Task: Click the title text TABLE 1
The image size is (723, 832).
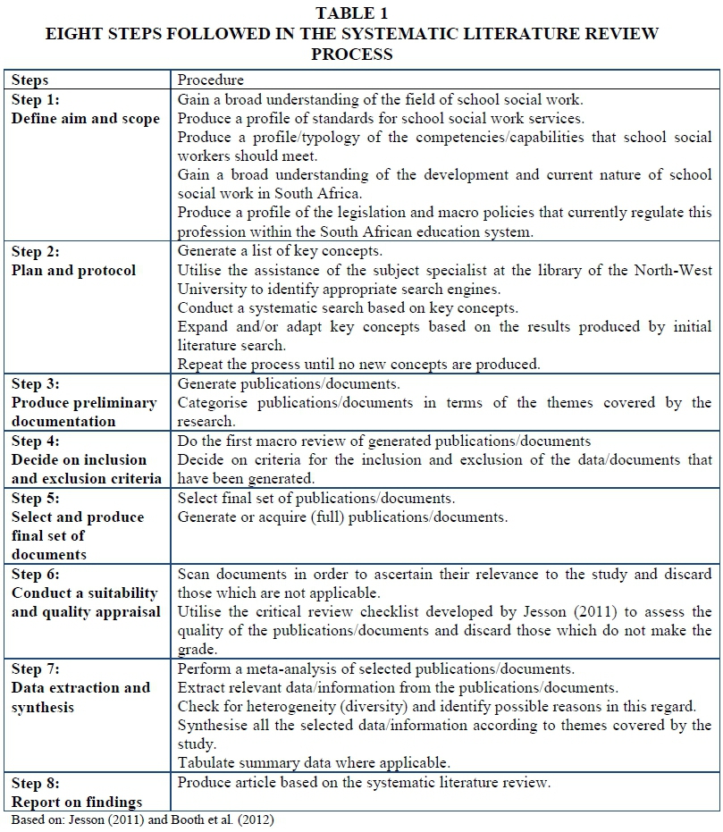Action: (x=352, y=13)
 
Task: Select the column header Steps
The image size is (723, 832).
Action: (x=30, y=80)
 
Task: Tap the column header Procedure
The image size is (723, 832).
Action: (x=211, y=80)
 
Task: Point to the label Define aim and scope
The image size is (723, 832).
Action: (x=86, y=119)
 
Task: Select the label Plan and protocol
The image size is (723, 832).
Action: (x=73, y=271)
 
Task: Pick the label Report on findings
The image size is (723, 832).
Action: (x=77, y=802)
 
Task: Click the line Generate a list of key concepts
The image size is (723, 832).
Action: (x=280, y=251)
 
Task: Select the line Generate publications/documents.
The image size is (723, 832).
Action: (x=289, y=384)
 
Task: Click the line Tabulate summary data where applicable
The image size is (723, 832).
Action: (x=314, y=762)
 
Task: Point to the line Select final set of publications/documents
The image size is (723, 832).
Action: (x=316, y=498)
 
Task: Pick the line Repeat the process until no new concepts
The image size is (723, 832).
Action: (x=359, y=365)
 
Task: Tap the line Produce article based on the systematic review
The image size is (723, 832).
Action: (x=365, y=783)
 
